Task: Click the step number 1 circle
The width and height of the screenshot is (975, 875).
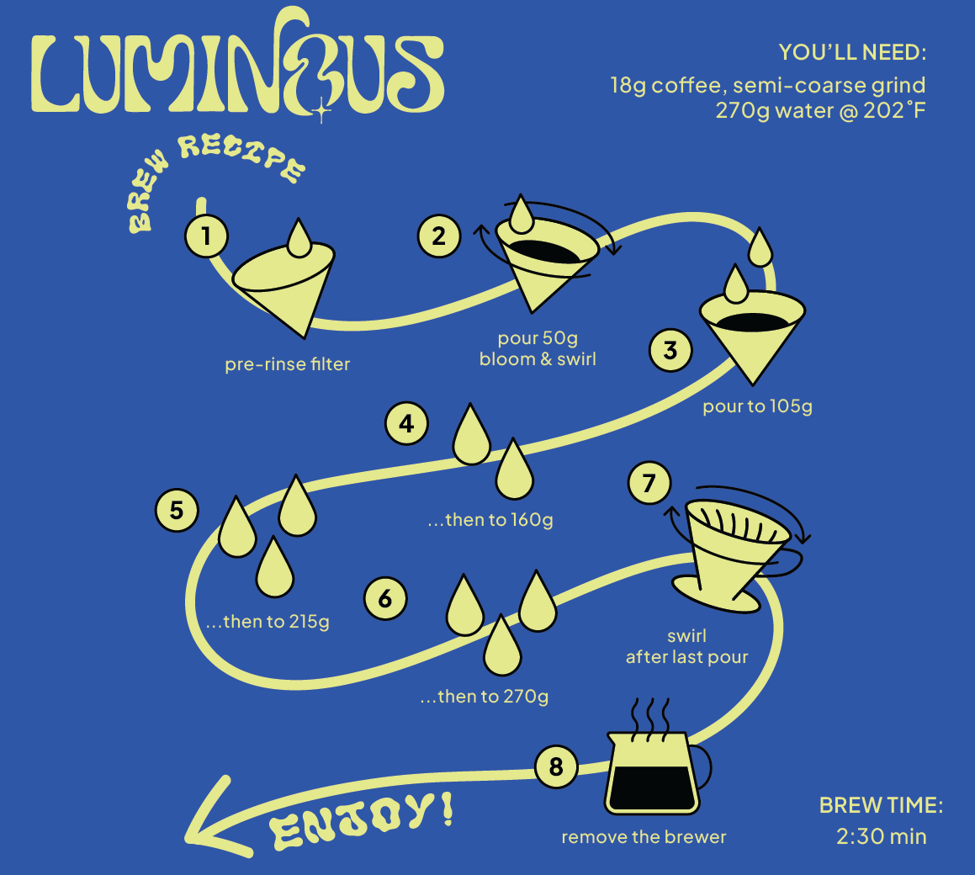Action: (206, 236)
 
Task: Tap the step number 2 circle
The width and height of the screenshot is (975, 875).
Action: (439, 236)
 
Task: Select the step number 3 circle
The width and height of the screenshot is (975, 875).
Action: (671, 350)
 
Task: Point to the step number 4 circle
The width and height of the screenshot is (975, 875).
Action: (406, 423)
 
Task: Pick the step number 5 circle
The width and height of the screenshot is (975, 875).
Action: (177, 511)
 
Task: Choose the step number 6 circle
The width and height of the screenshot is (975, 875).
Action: (385, 599)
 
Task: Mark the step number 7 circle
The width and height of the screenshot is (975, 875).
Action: (649, 483)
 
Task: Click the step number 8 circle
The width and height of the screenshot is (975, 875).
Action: (557, 766)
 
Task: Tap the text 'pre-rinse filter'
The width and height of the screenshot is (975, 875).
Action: (287, 363)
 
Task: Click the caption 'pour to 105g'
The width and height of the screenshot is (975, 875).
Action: (757, 406)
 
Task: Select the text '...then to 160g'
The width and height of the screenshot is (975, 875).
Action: (490, 519)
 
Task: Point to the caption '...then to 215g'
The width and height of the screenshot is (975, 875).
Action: (268, 621)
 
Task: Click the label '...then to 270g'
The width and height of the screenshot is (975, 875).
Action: (485, 696)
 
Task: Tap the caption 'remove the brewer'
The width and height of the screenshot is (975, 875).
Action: (644, 837)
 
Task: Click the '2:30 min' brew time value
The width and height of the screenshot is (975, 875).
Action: (881, 836)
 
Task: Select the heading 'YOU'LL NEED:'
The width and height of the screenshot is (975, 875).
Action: (852, 52)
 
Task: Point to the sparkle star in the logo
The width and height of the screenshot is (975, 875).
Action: (321, 111)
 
